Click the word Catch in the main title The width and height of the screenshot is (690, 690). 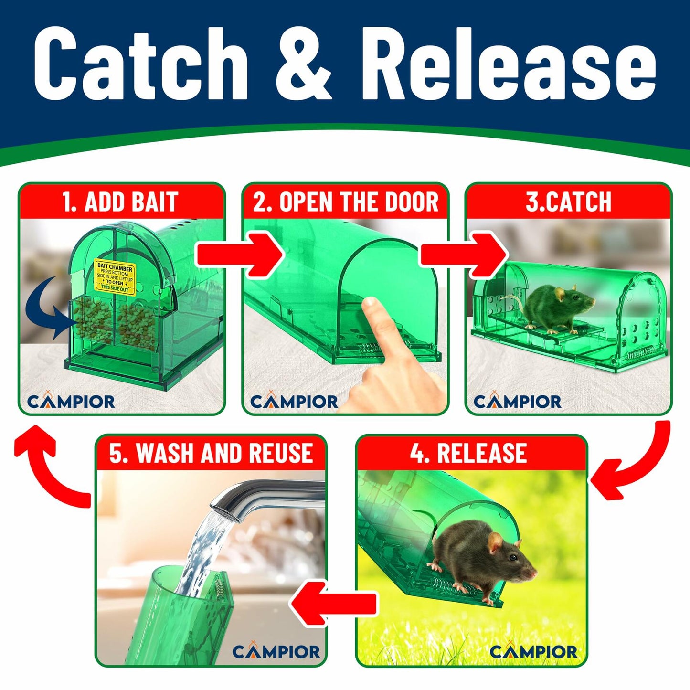[x=141, y=64]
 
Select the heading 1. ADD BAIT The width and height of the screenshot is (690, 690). [x=120, y=202]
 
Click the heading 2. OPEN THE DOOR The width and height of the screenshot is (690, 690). [x=345, y=202]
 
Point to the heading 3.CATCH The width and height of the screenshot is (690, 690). [x=568, y=202]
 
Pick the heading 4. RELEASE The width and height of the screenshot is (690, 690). [x=468, y=453]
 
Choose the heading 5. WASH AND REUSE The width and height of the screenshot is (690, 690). [x=211, y=453]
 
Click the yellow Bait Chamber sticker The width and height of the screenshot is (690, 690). [x=115, y=277]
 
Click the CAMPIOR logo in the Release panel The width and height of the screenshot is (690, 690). [x=533, y=651]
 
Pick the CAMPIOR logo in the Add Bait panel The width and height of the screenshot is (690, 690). [x=71, y=401]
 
